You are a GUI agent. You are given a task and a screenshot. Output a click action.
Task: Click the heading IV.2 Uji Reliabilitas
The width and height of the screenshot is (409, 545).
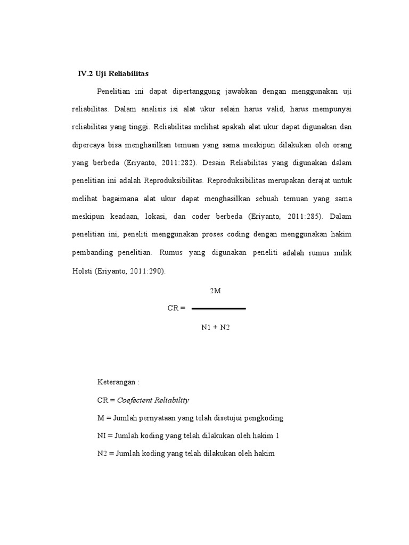tap(112, 73)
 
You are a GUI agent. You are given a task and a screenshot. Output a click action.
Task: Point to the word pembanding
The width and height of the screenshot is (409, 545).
tap(91, 252)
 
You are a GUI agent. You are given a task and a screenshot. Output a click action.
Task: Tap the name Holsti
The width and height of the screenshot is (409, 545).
tap(82, 270)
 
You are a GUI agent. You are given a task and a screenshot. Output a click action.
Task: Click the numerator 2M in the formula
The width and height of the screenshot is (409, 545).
tap(215, 291)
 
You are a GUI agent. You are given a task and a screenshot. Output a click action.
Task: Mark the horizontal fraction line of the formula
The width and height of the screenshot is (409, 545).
tap(218, 309)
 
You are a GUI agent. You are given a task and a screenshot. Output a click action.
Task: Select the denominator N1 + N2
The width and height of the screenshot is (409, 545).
tap(215, 327)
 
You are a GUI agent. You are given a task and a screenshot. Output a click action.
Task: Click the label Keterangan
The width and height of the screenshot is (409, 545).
tap(116, 382)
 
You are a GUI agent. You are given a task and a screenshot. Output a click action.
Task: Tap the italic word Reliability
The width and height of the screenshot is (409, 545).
tap(171, 400)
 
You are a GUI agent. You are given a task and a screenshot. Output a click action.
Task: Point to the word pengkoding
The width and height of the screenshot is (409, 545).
tap(269, 418)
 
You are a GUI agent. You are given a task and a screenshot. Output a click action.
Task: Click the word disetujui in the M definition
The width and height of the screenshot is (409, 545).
tap(226, 418)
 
